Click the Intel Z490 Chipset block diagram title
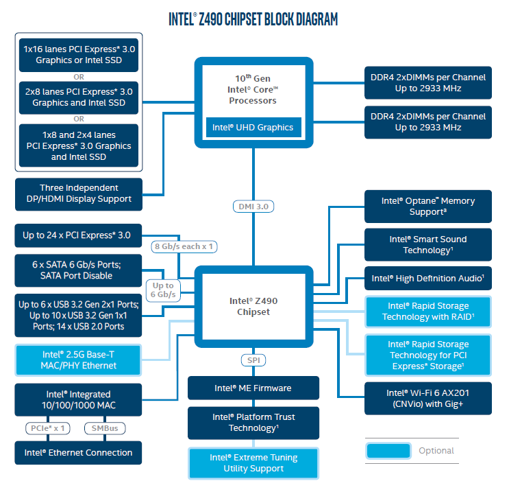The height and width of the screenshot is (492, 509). pos(253,19)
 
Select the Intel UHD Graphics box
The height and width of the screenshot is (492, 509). pos(253,127)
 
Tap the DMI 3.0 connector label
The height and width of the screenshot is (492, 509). pos(253,207)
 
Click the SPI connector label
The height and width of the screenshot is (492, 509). pos(253,360)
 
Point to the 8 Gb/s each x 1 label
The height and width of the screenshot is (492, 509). pos(184,245)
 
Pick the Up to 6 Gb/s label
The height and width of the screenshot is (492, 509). pos(163,290)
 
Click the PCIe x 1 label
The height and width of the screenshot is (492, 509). pos(48,428)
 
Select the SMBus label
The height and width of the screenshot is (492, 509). pos(104,428)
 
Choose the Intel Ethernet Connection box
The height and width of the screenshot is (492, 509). pos(79,453)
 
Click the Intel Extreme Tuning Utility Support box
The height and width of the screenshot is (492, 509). pos(253,463)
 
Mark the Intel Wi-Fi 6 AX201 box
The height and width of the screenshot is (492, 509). pos(427,398)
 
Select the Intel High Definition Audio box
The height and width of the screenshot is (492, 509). pos(427,279)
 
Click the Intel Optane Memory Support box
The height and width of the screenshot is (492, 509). pos(427,206)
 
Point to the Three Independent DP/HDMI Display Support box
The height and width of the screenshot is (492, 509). pos(79,194)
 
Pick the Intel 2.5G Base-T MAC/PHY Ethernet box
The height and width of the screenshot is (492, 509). pos(79,360)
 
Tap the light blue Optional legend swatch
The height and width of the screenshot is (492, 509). pos(388,451)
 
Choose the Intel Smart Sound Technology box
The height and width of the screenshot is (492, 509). pos(427,245)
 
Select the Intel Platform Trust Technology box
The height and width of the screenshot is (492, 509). pos(253,423)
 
